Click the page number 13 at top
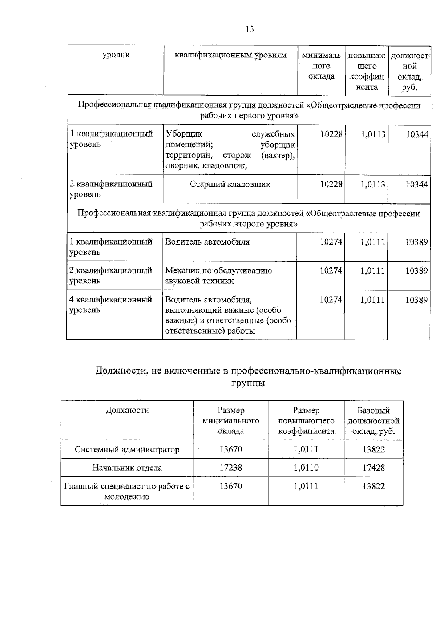(x=250, y=29)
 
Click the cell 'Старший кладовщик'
(x=230, y=184)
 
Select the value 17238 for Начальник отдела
(x=231, y=468)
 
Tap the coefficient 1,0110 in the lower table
(x=306, y=468)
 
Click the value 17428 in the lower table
(x=374, y=468)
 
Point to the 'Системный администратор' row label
(x=127, y=449)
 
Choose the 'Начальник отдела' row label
(x=127, y=468)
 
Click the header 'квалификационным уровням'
(x=231, y=55)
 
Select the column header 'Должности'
(x=127, y=410)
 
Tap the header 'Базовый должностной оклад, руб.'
(x=374, y=421)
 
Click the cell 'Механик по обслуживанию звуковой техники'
(x=218, y=275)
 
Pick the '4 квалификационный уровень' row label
(x=110, y=305)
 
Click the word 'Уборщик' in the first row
(x=184, y=134)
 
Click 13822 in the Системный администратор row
(x=374, y=449)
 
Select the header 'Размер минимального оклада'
(x=231, y=421)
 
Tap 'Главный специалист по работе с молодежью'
(x=127, y=491)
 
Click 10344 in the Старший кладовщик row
(x=417, y=184)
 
